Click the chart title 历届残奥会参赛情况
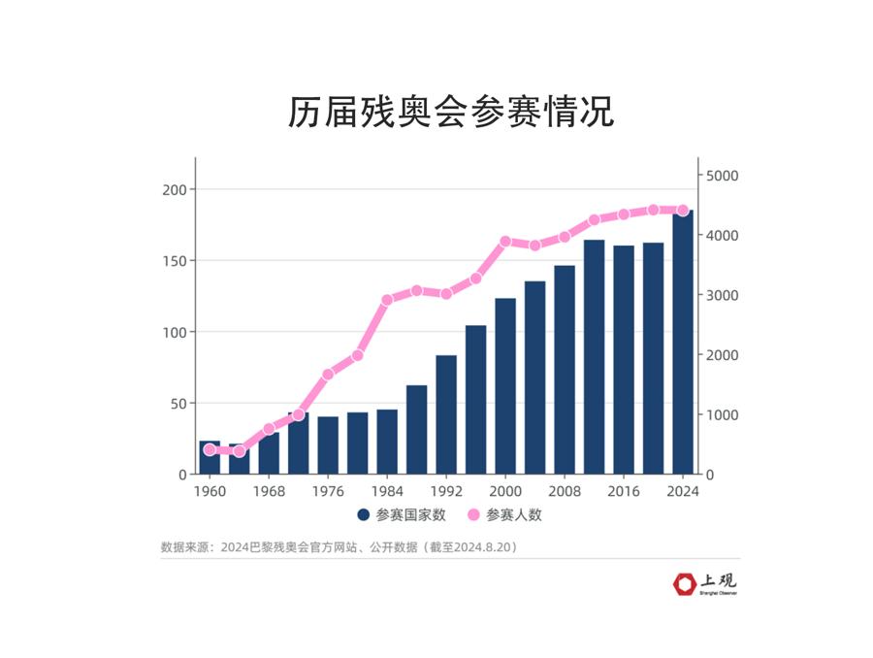tap(451, 112)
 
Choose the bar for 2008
tap(565, 370)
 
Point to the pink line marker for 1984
tap(387, 300)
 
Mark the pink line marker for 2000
tap(505, 242)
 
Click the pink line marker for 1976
tap(328, 374)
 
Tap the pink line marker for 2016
tap(624, 214)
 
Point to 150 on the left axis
tap(174, 260)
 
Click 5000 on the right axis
tap(722, 176)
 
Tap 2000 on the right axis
tap(722, 355)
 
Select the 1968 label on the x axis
tap(269, 491)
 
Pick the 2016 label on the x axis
tap(624, 491)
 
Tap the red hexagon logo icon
tap(685, 584)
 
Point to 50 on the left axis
tap(178, 403)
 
